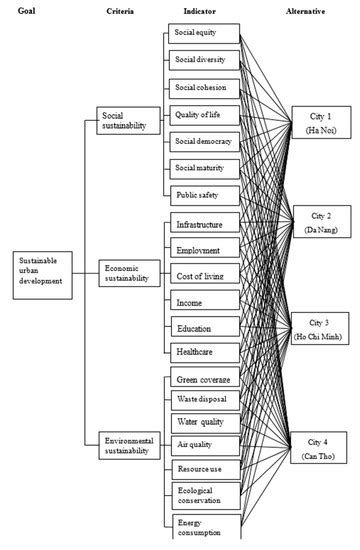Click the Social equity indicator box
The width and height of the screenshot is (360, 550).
click(202, 32)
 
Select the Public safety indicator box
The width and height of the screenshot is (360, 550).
click(202, 194)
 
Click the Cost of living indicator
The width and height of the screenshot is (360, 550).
click(202, 275)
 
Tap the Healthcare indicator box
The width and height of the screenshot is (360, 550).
click(202, 352)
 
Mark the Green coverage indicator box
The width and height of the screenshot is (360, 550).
click(202, 381)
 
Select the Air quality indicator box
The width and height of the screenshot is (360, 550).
click(202, 443)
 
